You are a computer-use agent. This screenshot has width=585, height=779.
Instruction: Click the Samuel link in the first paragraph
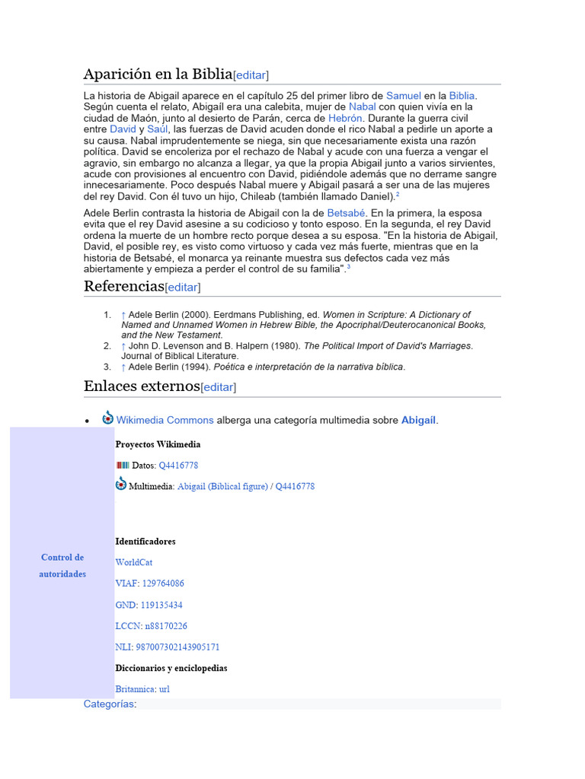coord(403,96)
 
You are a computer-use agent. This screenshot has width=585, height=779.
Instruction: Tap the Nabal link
coord(362,107)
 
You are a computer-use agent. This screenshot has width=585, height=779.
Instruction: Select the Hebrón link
coord(345,119)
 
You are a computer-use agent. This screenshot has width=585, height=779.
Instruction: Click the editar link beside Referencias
coord(183,288)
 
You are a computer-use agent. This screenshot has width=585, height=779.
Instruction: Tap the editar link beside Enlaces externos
coord(219,387)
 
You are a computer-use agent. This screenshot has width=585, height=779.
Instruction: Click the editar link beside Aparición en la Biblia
coord(251,75)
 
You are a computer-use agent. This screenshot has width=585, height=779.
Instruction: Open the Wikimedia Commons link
coord(165,420)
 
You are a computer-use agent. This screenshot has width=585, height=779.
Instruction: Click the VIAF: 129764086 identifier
coord(149,583)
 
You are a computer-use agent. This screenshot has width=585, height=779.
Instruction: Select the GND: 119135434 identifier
coord(149,605)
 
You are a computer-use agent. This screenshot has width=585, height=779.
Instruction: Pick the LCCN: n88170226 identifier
coord(151,626)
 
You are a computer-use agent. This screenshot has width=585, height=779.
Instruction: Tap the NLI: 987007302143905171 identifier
coord(167,647)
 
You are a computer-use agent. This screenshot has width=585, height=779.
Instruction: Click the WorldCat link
coord(134,562)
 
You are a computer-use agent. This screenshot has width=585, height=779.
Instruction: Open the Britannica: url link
coord(142,689)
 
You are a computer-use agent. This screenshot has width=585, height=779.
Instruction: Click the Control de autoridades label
coord(62,565)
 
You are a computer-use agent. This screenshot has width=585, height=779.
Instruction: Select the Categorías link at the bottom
coord(109,704)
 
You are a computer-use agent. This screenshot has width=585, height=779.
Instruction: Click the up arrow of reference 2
coord(123,346)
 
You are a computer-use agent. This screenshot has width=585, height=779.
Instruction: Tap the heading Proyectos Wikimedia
coord(158,444)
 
